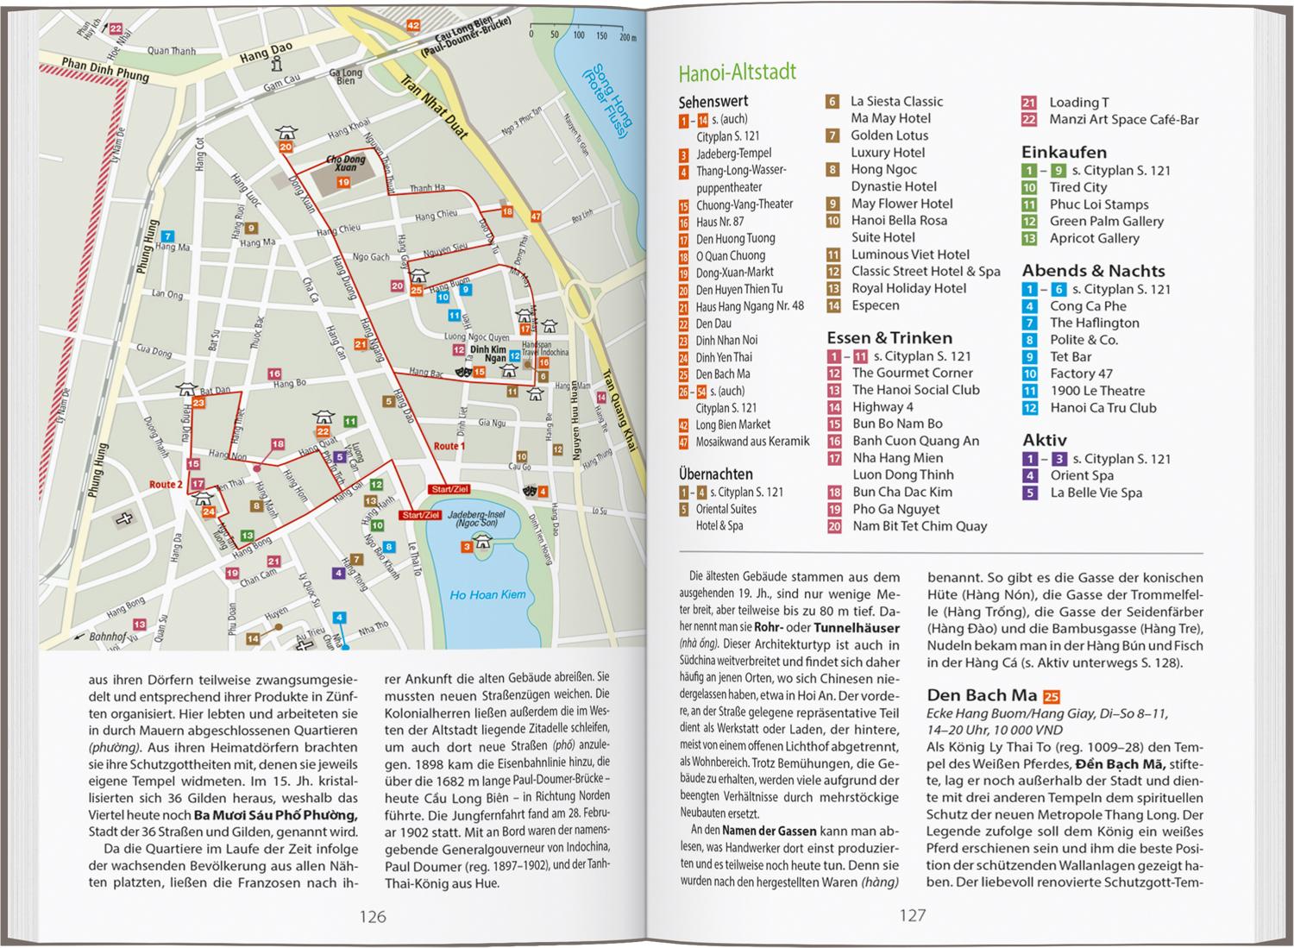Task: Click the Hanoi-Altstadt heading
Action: pos(725,72)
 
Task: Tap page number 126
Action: pos(373,916)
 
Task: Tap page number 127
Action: pos(912,916)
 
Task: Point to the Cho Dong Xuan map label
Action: pos(345,164)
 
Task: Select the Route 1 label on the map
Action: pos(448,446)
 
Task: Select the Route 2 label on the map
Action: pos(166,485)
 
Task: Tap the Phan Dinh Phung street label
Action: pos(105,69)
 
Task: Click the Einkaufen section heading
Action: pos(1064,152)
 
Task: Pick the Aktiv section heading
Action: pos(1045,440)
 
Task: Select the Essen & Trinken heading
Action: pos(889,338)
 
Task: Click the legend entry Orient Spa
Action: pos(1081,475)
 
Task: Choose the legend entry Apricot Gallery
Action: pos(1094,238)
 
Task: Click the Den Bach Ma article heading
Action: pos(981,695)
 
